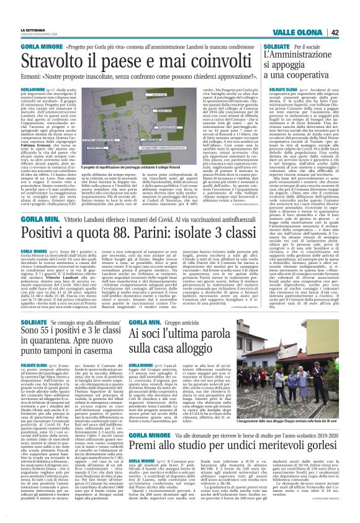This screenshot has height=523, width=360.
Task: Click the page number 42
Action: (351, 16)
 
